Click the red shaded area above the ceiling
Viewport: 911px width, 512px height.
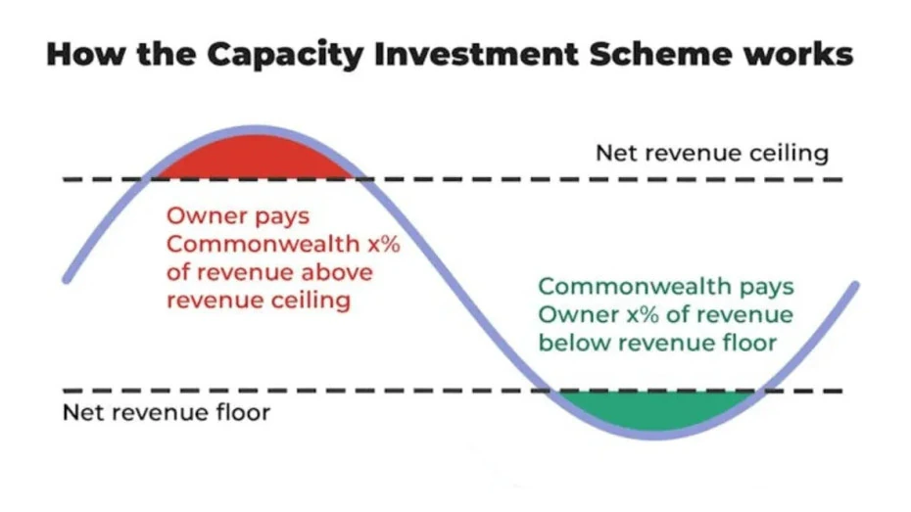[x=256, y=158]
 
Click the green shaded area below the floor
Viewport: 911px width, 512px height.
[x=655, y=410]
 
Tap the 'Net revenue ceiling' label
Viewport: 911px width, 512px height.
[x=712, y=154]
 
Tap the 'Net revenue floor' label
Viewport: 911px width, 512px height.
[x=167, y=413]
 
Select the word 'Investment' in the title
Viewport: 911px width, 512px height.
[x=476, y=54]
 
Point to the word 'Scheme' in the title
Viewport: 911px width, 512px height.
[x=661, y=54]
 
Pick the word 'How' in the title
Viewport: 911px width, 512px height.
[x=86, y=54]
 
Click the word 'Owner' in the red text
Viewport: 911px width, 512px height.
[x=203, y=216]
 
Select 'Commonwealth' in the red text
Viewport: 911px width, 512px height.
[x=264, y=244]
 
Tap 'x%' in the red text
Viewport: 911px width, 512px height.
[x=383, y=244]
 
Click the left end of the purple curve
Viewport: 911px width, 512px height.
[x=67, y=280]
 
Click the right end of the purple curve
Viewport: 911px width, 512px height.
[x=855, y=285]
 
